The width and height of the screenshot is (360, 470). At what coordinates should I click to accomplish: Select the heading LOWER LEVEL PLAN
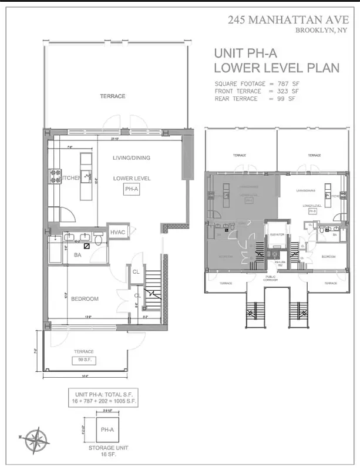[x=277, y=68]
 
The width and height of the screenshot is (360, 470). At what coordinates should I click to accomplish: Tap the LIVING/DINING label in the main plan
[x=132, y=157]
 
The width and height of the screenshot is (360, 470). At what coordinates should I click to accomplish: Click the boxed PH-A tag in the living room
[x=131, y=189]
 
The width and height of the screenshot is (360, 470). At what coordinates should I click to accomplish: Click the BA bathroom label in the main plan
[x=77, y=255]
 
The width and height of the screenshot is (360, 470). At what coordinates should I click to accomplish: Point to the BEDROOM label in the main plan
[x=85, y=299]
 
